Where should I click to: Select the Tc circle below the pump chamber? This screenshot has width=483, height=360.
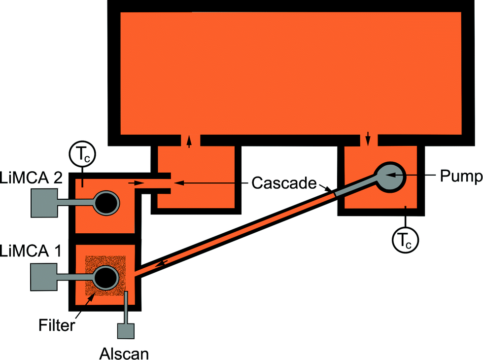coord(405,240)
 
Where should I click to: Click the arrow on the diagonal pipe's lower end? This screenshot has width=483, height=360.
coord(162,266)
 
